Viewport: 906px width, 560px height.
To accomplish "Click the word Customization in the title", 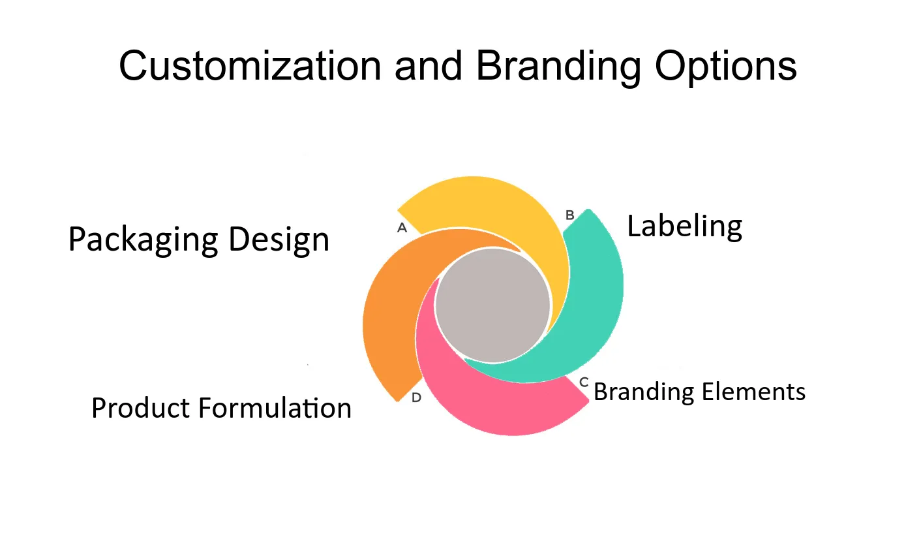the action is point(250,66).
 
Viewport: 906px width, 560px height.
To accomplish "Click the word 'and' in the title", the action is point(429,66).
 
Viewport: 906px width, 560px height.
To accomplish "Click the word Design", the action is point(279,240).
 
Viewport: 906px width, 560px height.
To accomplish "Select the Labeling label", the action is point(684,227).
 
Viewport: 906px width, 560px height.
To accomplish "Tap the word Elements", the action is point(753,392).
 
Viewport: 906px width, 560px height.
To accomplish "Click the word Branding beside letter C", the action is point(644,392).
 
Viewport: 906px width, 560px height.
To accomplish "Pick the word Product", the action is point(140,407).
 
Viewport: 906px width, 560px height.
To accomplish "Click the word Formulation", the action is point(275,407).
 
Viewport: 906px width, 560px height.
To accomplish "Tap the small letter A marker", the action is point(402,228).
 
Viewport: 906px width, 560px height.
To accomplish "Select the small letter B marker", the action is point(570,215).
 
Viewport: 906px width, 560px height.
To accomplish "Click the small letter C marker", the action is point(584,382).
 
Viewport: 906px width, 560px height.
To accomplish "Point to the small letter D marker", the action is point(417,397).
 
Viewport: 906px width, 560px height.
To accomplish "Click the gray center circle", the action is point(493,305).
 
